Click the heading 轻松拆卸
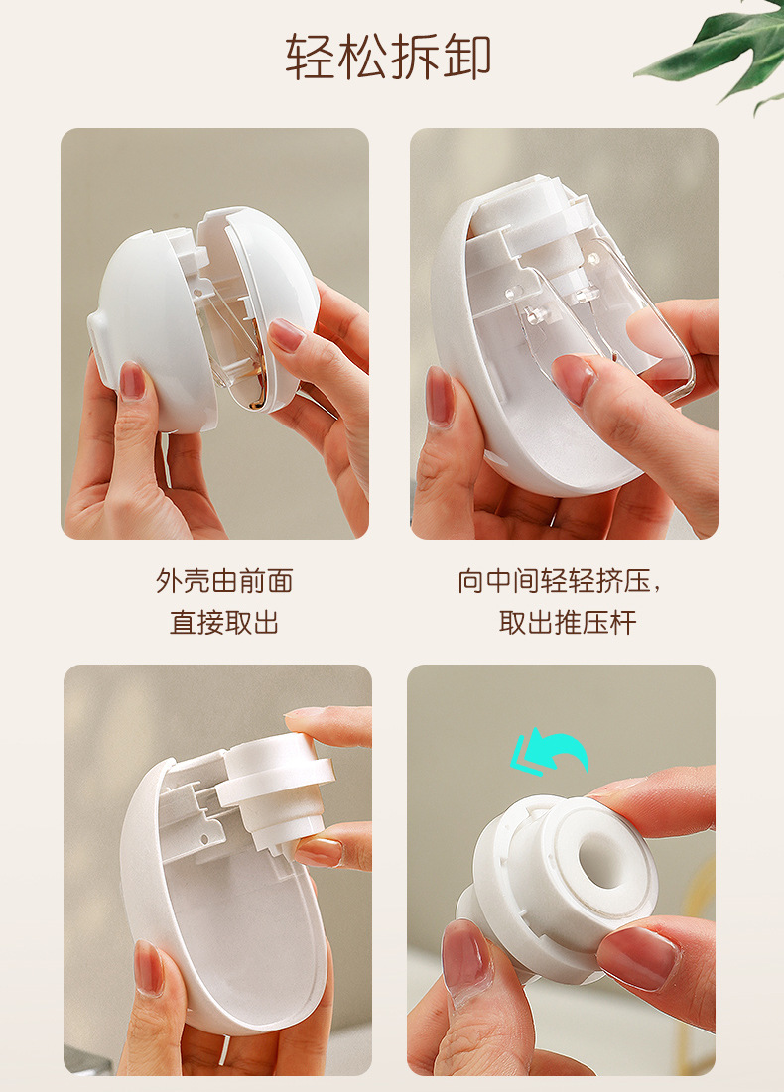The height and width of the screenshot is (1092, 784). (388, 57)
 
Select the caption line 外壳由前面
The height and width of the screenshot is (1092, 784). (223, 581)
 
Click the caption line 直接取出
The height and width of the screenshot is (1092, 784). (223, 622)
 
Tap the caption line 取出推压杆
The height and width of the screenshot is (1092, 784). (568, 622)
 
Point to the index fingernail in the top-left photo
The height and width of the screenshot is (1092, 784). (286, 334)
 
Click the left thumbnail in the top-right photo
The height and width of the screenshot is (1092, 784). (439, 396)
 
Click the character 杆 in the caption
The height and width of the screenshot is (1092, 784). (623, 622)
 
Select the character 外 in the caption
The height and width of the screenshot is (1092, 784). (168, 581)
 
